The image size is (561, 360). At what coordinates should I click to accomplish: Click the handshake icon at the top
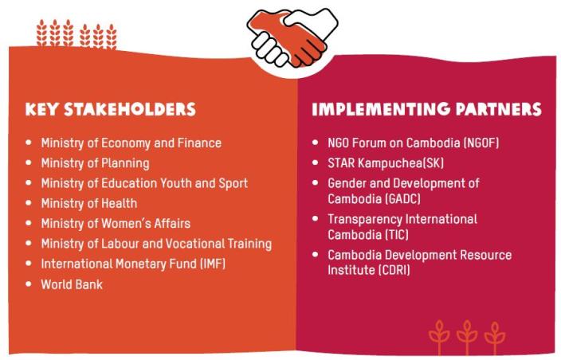[292, 37]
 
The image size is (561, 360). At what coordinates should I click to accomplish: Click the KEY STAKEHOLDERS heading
[111, 109]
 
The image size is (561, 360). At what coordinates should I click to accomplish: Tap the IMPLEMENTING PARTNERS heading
[426, 109]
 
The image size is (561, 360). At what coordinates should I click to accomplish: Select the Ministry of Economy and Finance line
[131, 143]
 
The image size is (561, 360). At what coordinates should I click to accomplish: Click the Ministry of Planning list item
[95, 163]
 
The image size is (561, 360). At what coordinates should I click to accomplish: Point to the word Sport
[233, 183]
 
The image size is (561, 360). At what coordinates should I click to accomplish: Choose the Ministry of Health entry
[88, 203]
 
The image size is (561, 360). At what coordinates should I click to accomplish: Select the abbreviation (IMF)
[213, 264]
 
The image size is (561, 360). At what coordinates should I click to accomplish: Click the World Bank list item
[72, 284]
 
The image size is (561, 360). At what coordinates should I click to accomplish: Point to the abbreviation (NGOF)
[481, 143]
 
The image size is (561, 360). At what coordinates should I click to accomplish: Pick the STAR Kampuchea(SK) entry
[386, 163]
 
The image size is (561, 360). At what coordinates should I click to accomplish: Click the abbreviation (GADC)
[402, 198]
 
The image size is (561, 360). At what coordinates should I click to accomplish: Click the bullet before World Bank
[29, 284]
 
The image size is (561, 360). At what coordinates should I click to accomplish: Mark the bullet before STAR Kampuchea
[316, 162]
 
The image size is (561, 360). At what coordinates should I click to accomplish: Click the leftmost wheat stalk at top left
[42, 33]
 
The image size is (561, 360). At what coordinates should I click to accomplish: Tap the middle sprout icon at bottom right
[467, 338]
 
